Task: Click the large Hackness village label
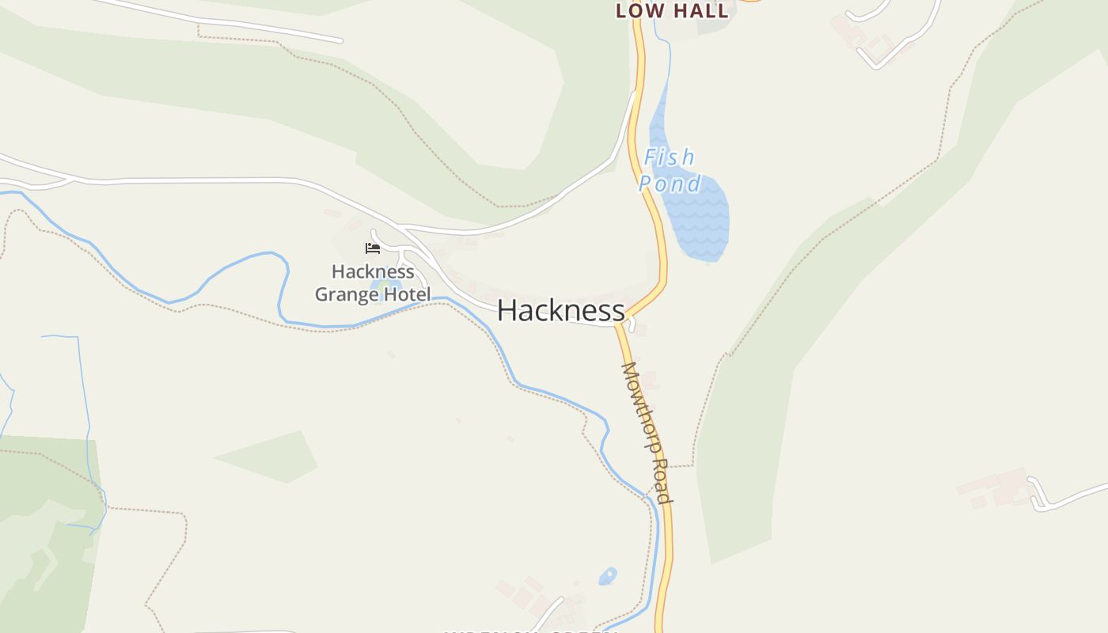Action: tap(560, 310)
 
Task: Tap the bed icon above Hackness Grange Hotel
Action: tap(373, 248)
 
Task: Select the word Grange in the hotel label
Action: tap(347, 295)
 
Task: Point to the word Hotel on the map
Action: tap(406, 295)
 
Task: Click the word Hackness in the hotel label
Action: tap(373, 271)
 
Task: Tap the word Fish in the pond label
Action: tap(669, 157)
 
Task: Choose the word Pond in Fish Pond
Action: tap(670, 184)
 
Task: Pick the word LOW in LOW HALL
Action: tap(637, 11)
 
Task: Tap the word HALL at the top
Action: tap(700, 11)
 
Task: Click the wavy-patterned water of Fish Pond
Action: tap(700, 222)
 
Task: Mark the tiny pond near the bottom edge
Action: tap(607, 576)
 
